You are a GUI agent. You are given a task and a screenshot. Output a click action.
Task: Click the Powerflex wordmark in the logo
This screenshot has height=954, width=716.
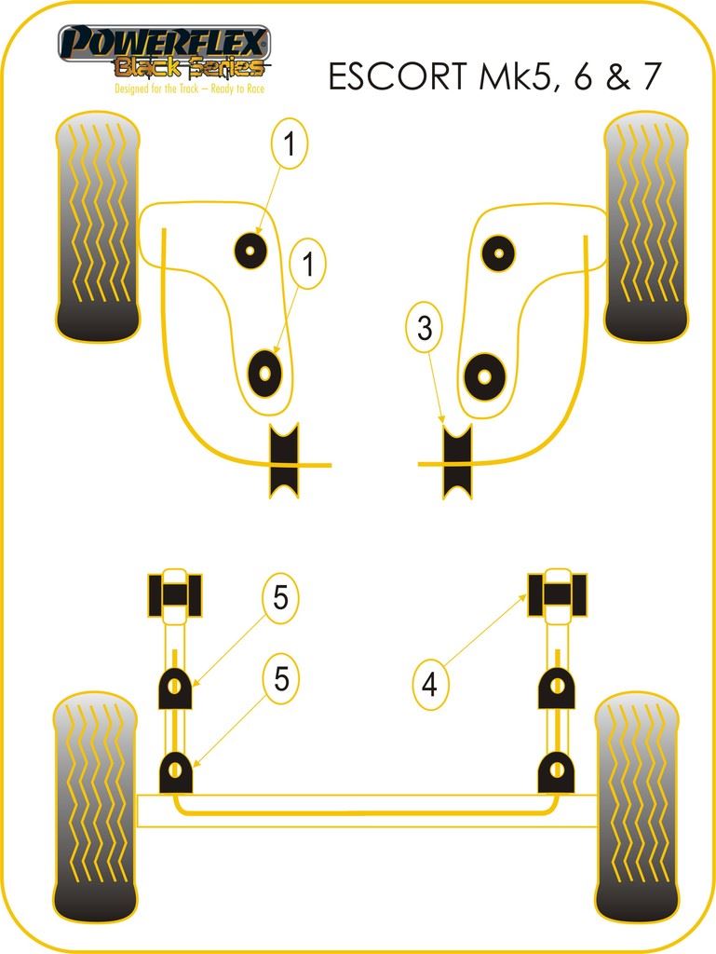point(164,43)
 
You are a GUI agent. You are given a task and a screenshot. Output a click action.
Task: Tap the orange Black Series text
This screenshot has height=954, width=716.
point(190,67)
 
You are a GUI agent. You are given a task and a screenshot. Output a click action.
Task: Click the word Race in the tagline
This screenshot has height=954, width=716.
point(256,89)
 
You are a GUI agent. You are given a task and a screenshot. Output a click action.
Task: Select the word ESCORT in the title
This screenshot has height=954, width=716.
point(398,76)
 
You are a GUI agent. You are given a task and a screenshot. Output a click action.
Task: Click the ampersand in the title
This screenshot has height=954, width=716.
point(618,76)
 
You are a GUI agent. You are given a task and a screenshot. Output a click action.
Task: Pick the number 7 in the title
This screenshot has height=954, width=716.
point(650,76)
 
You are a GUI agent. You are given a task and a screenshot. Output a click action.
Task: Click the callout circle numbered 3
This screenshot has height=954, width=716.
point(425,327)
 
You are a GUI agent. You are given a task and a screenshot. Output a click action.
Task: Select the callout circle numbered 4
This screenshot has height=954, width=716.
point(430,684)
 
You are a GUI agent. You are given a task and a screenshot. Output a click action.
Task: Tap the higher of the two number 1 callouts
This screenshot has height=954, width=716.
point(290,144)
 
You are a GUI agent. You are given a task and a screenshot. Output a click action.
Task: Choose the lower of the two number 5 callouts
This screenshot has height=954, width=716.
point(280,679)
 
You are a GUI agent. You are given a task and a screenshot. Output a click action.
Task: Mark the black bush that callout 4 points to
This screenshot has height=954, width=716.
point(558,595)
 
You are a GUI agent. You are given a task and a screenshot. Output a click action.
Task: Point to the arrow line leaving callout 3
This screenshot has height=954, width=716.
point(436,388)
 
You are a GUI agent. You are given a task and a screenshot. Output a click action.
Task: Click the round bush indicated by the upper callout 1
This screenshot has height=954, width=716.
point(250,250)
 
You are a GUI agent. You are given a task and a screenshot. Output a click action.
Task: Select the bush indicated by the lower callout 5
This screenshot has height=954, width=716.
point(175,772)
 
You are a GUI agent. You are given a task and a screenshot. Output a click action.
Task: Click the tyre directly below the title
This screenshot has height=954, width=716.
point(647,225)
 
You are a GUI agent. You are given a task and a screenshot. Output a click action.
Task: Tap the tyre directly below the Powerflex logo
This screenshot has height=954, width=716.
point(97,226)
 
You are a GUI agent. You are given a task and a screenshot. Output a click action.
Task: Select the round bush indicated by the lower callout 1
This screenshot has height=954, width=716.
point(265,373)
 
